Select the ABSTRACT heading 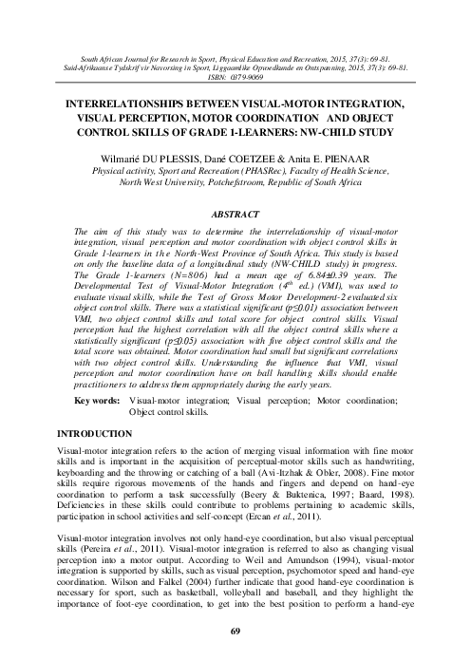tap(235, 215)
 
